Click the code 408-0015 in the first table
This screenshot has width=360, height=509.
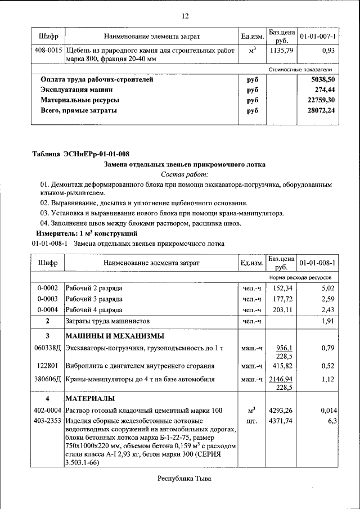[x=47, y=51]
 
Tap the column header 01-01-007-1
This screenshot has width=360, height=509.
[x=318, y=37]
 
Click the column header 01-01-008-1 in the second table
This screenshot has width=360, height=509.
[x=318, y=263]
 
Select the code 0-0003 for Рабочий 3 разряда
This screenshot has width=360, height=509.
[x=47, y=299]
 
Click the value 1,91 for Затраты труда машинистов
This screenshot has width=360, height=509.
[x=327, y=321]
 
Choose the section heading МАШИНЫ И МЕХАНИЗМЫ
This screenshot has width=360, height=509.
[x=115, y=336]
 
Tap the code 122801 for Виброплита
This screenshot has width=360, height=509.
[x=47, y=366]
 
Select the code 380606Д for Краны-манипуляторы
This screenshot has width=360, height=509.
[x=47, y=380]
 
